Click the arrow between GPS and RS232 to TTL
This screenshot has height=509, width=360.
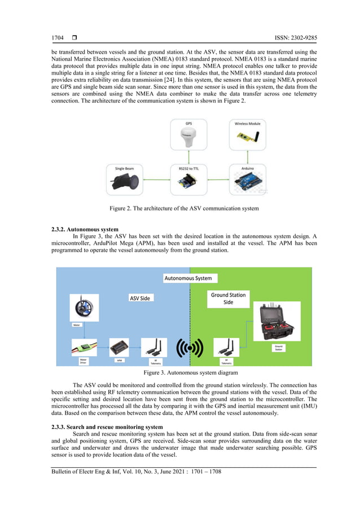click(188, 159)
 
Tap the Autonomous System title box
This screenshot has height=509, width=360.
click(188, 278)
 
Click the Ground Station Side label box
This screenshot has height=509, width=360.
click(227, 299)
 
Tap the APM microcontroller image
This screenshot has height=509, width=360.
click(120, 347)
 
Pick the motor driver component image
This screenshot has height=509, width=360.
click(84, 349)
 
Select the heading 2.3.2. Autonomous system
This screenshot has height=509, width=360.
click(85, 230)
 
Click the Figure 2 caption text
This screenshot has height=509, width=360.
click(184, 209)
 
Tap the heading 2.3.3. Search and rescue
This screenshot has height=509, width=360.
click(107, 427)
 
